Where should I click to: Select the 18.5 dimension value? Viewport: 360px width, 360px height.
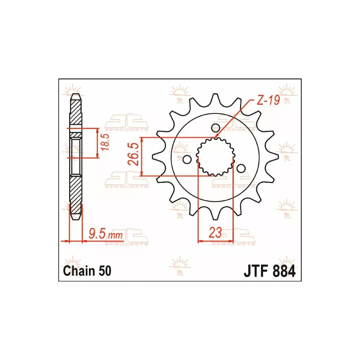105,143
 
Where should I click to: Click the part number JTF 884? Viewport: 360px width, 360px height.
270,271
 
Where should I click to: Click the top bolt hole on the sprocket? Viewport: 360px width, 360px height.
215,127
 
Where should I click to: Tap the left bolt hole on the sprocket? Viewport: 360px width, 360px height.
186,159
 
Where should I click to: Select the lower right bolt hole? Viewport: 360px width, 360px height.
241,168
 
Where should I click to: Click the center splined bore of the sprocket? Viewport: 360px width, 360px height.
215,157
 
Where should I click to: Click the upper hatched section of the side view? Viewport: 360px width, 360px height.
76,113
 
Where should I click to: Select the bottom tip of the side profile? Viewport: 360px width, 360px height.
76,218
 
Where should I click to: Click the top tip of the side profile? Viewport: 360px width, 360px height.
76,95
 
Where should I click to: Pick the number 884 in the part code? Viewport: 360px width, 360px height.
283,271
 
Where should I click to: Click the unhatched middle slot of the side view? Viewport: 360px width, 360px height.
76,157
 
